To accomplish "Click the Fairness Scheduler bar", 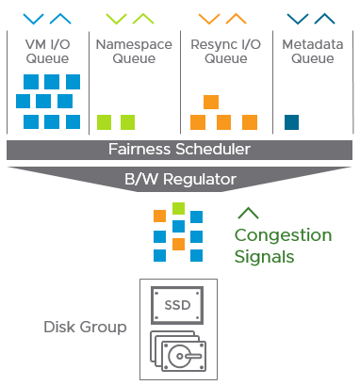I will click(179, 150).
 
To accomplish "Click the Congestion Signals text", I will click(283, 246).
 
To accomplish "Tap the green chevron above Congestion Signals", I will click(249, 213).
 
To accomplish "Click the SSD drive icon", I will click(178, 307).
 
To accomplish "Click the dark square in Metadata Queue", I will click(291, 121).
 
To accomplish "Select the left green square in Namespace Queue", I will click(104, 121).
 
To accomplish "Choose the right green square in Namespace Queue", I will click(127, 121).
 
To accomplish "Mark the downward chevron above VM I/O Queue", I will click(33, 18).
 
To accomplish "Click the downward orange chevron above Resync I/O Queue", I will click(210, 18).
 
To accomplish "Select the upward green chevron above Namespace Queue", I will click(145, 18).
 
